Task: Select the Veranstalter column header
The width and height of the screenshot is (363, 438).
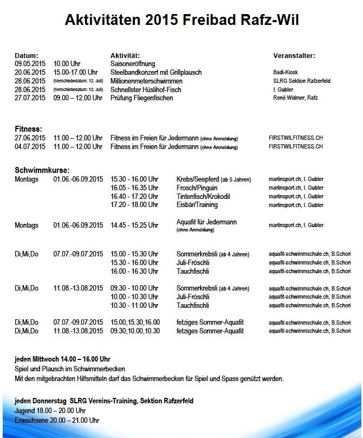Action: pos(294,55)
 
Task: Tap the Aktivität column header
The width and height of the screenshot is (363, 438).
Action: pos(125,55)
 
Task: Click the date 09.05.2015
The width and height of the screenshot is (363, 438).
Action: pos(30,63)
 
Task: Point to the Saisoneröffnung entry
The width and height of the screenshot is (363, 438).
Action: pos(133,63)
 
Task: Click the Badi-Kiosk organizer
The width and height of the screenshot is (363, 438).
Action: pos(286,72)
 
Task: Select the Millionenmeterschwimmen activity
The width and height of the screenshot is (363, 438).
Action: pos(146,81)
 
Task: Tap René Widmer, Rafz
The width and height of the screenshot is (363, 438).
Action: pos(296,98)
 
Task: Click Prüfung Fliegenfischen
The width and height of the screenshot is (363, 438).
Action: pos(142,98)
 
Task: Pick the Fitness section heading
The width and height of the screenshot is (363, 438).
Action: pos(28,129)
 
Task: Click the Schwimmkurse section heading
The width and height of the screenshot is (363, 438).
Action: pos(42,170)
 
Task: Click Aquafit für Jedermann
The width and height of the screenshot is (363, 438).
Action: pos(206,222)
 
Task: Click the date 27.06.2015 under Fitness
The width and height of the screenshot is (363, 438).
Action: pos(30,138)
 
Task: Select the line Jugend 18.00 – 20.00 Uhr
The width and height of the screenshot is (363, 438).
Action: pos(50,410)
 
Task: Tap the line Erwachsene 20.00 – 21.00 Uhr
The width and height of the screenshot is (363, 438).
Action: pos(57,420)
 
